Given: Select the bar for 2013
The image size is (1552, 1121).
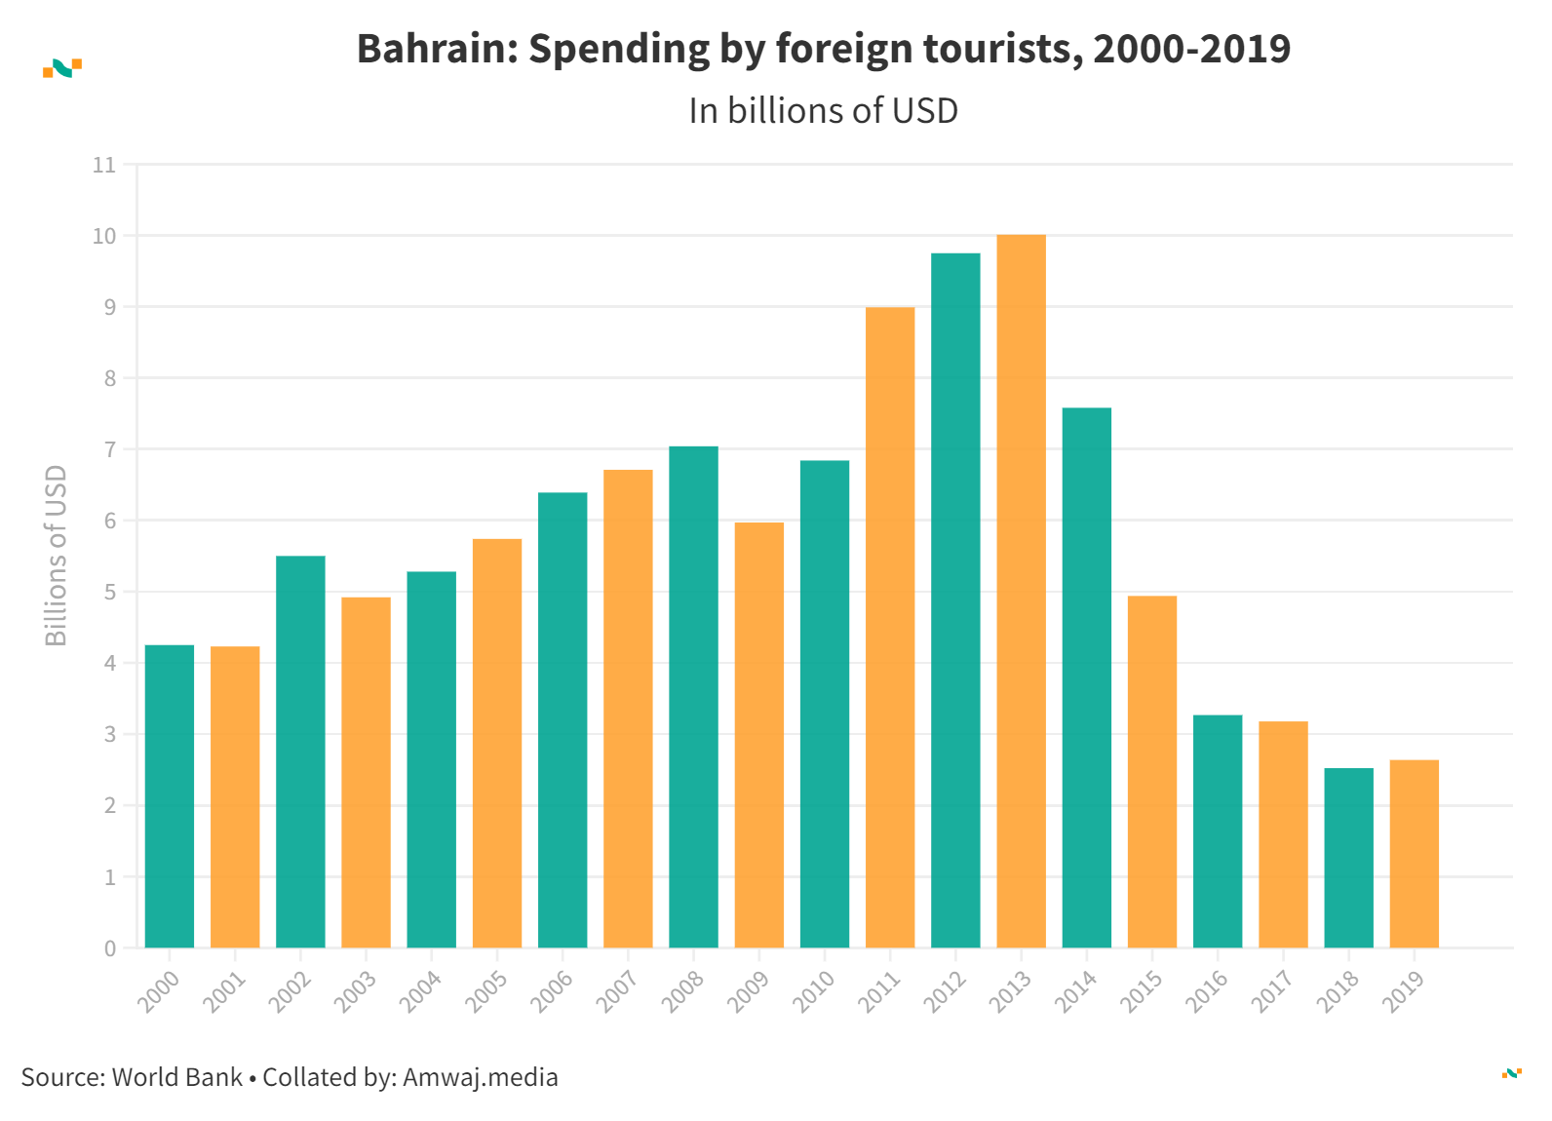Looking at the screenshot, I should [1021, 591].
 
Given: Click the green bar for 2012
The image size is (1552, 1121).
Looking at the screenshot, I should [955, 600].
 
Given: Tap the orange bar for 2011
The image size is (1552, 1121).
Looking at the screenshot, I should [890, 627].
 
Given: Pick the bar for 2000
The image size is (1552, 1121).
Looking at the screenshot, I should [170, 795].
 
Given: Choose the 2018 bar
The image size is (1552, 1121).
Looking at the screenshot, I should [1348, 858].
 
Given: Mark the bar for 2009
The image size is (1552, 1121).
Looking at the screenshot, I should [758, 735].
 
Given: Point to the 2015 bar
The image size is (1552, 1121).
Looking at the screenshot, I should [1152, 771].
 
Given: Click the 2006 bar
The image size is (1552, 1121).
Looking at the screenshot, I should [563, 719].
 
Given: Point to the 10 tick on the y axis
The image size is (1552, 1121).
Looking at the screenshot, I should [104, 236].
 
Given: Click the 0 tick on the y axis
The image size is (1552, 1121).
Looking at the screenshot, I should [110, 948].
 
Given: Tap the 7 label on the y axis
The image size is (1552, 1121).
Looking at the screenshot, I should [110, 449].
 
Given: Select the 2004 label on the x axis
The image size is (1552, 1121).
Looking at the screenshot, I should [421, 991].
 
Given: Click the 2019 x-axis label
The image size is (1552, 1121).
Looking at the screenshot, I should [1404, 991].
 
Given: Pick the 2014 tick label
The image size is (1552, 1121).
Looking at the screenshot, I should [1076, 991].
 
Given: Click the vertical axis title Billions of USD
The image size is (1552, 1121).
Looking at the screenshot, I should [57, 555].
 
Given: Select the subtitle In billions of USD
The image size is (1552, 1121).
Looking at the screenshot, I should [823, 111].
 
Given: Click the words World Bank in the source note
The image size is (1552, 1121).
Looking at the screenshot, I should [177, 1077].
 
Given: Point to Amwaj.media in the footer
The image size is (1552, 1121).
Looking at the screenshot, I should [480, 1077].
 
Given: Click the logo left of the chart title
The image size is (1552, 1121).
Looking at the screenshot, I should [62, 68].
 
